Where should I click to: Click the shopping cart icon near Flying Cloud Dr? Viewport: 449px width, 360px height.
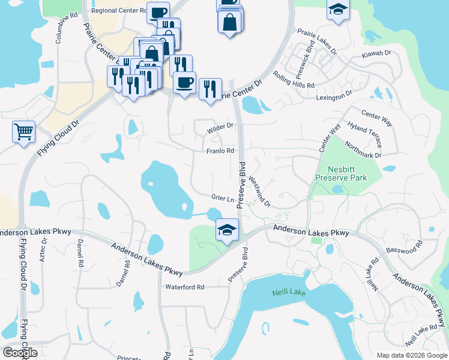pos(23,131)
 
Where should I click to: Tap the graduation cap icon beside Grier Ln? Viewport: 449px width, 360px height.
pos(228,230)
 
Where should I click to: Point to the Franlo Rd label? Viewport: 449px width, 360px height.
pos(220,151)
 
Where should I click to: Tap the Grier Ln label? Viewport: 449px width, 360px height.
pos(222,199)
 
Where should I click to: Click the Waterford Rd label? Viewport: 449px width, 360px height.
pos(185,287)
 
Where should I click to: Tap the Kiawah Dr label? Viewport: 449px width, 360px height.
pos(376,54)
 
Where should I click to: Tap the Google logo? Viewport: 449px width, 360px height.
pos(20,352)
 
